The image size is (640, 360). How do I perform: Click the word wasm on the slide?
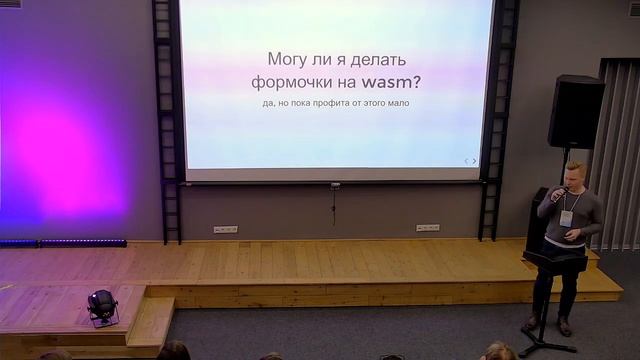[381, 82]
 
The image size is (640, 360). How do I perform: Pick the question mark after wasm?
[416, 82]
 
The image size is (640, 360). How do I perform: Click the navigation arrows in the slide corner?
[470, 161]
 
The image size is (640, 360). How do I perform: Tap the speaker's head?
[575, 174]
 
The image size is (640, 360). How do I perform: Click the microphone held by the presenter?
[556, 194]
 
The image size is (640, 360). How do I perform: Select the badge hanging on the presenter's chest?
[567, 218]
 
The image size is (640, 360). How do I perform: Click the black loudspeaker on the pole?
[576, 111]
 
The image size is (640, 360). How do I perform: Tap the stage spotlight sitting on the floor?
[102, 306]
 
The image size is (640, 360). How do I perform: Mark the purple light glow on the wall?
[60, 160]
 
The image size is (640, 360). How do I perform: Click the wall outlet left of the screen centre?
[226, 229]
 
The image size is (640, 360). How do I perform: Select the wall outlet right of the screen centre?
[427, 228]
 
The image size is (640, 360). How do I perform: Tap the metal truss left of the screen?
[167, 120]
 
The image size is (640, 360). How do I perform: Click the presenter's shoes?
[547, 325]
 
